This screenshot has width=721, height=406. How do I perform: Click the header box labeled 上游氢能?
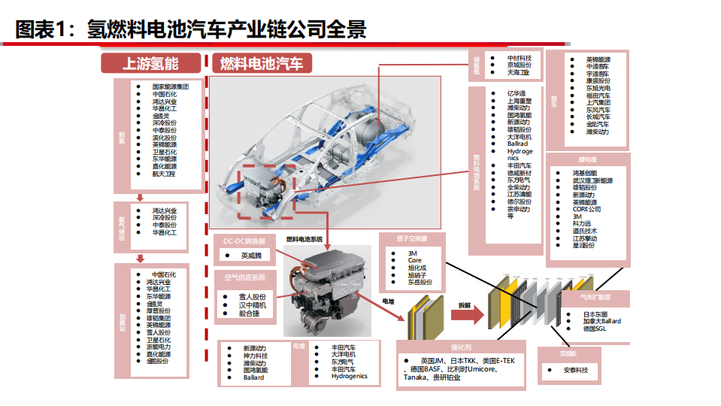click(x=150, y=63)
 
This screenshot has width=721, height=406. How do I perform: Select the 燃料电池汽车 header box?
click(x=262, y=63)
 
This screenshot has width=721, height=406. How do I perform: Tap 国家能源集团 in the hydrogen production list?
click(x=170, y=86)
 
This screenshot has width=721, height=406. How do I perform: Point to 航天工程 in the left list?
click(x=163, y=174)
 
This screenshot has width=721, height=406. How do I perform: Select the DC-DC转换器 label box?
click(x=245, y=241)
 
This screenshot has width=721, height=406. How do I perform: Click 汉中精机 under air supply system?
click(x=253, y=305)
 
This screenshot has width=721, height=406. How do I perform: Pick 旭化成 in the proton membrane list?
click(x=417, y=268)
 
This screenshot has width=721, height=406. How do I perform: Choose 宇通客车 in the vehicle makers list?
click(x=601, y=73)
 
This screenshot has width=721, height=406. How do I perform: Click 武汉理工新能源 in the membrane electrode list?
click(x=592, y=180)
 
